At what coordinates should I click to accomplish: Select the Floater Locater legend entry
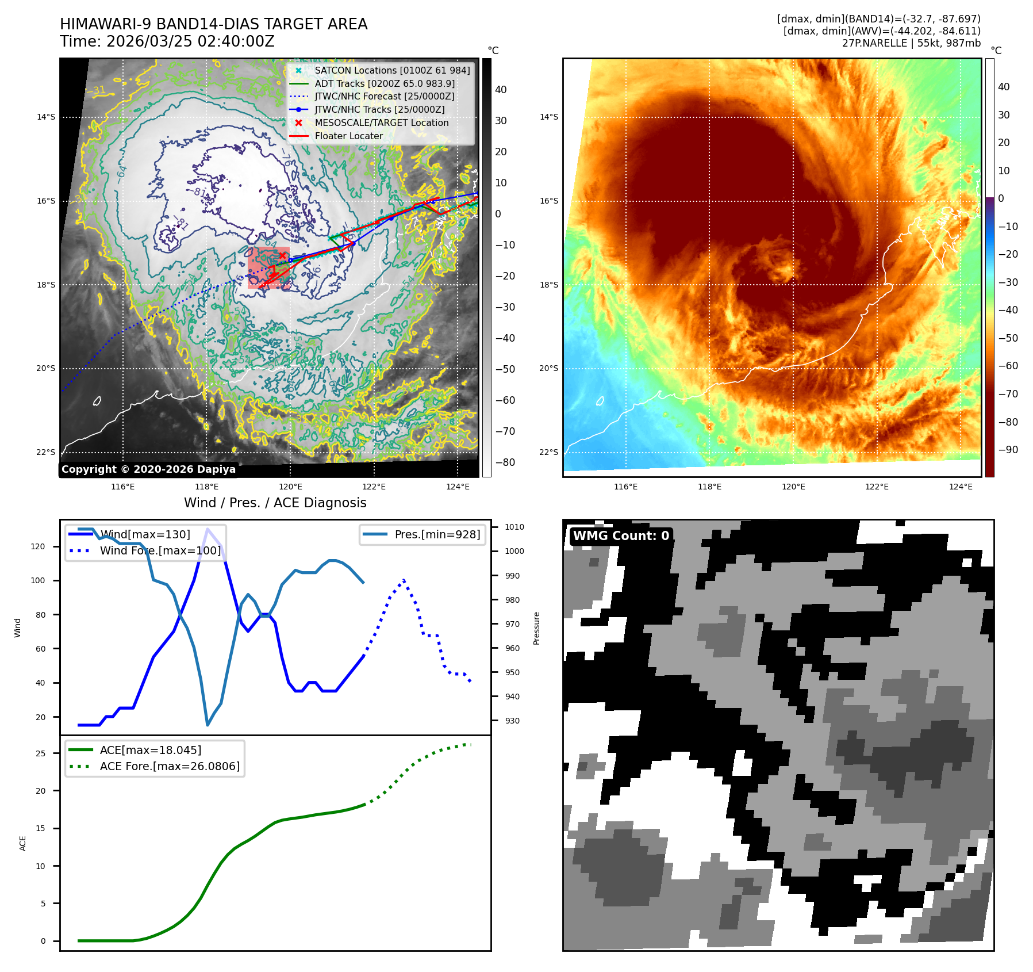tap(348, 136)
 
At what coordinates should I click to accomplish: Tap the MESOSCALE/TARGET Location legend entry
tap(381, 123)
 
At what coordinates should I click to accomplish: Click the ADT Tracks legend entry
tap(384, 83)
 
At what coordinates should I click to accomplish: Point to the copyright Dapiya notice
tap(148, 469)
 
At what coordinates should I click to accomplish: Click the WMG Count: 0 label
tap(621, 535)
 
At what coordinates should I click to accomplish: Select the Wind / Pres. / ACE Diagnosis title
tap(275, 503)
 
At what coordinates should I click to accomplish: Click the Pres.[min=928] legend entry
tap(437, 534)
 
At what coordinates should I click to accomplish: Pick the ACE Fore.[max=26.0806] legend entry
tap(170, 766)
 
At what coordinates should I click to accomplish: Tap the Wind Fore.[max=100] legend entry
tap(160, 550)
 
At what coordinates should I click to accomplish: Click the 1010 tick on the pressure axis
tap(514, 527)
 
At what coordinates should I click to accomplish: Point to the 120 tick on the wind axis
tap(38, 546)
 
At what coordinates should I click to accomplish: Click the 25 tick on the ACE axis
tap(40, 753)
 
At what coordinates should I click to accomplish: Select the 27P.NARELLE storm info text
tap(911, 43)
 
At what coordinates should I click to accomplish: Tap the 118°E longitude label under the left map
tap(206, 487)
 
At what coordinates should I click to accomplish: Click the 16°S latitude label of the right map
tap(548, 201)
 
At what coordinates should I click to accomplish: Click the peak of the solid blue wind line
tap(208, 529)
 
